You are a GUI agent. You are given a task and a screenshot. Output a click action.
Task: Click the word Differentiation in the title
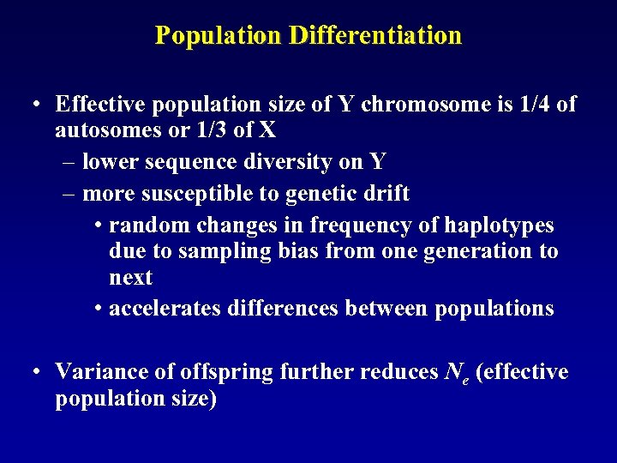click(375, 36)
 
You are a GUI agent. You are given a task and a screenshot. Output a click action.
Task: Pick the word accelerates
click(165, 308)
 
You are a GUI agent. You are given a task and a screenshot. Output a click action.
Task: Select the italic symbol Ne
click(451, 373)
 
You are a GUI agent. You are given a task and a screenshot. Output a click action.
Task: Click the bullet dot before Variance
click(37, 372)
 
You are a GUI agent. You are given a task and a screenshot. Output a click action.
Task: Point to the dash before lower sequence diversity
click(70, 161)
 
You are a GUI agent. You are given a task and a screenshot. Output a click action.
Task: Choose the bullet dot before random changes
click(99, 225)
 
